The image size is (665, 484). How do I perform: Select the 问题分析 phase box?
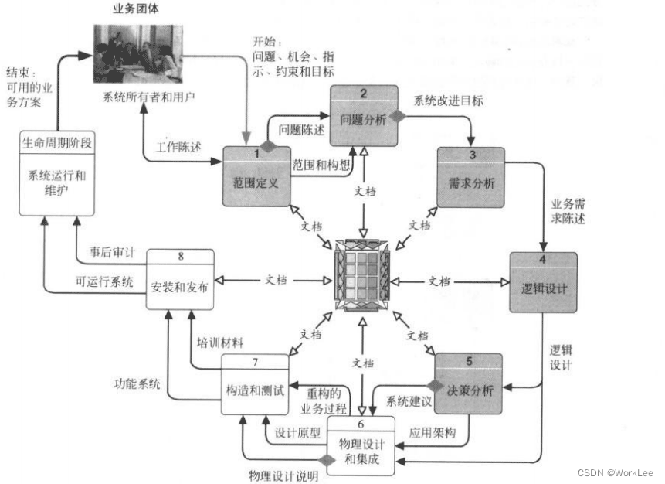coord(365,116)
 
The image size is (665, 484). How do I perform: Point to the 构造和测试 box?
coord(255,383)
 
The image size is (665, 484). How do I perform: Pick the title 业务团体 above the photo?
coord(138,10)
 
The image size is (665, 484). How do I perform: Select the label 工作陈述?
coord(178,146)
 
